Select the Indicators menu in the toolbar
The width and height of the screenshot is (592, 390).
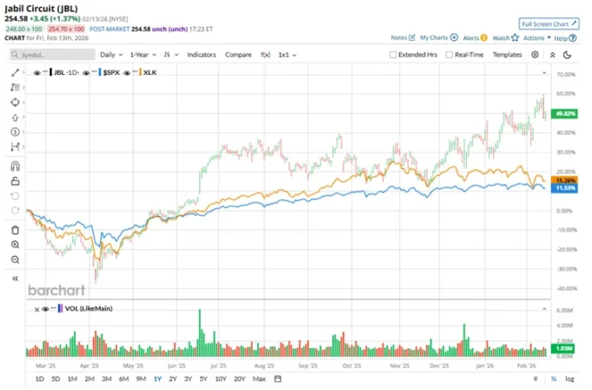202,54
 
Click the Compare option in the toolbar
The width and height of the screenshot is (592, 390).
238,54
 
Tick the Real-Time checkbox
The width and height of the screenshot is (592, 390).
449,54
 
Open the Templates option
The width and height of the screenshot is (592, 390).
507,54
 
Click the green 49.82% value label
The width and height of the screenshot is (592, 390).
565,114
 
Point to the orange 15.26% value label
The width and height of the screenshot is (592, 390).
565,180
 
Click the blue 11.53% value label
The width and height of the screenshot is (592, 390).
565,188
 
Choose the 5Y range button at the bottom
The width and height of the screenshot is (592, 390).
203,380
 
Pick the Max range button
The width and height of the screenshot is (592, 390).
258,380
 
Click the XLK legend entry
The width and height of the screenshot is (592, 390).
150,73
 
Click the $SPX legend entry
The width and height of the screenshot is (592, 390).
110,73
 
